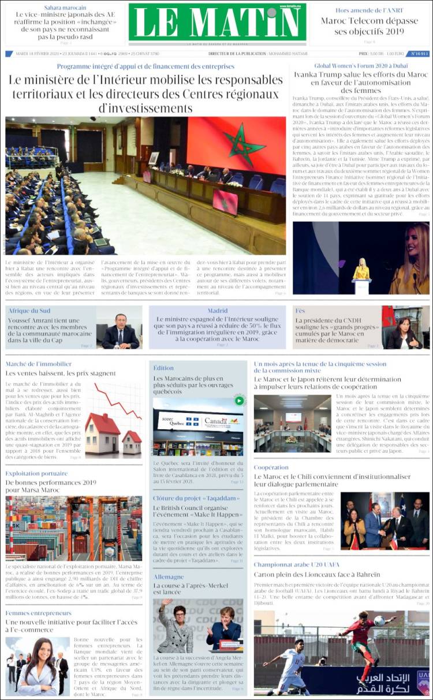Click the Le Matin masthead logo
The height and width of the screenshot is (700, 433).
point(217,23)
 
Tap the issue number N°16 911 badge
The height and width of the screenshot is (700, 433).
point(419,54)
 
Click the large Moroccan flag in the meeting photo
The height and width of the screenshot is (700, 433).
point(237,144)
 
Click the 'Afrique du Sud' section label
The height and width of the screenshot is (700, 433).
point(29,311)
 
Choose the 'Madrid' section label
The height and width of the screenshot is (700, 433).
point(218,311)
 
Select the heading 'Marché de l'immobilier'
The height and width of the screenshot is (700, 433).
point(39,364)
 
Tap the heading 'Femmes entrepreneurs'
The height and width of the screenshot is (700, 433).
point(39,613)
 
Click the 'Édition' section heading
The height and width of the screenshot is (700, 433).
point(163,368)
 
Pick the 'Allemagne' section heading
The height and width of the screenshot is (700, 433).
point(169,576)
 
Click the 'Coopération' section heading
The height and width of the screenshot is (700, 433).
point(271,467)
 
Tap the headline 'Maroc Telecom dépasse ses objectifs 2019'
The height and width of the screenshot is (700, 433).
point(370,26)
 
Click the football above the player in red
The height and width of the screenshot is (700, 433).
point(379,620)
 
